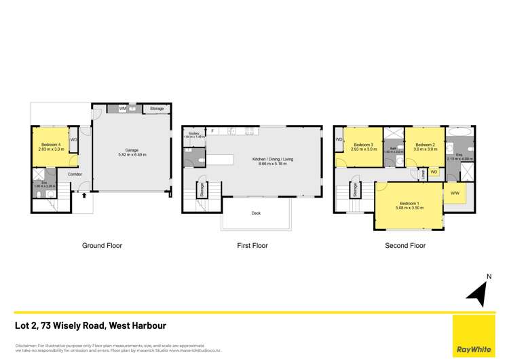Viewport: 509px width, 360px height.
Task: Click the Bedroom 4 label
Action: point(49,144)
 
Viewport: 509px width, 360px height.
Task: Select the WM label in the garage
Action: point(122,108)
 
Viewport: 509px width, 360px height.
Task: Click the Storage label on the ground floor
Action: point(157,108)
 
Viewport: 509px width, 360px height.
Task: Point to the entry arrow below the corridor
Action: point(83,196)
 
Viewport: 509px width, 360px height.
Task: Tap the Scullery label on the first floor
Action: point(193,133)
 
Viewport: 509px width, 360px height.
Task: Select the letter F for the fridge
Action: point(212,130)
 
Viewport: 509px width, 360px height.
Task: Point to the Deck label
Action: point(257,213)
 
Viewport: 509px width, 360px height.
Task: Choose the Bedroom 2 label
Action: point(425,144)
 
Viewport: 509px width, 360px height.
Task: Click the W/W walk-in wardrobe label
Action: point(454,194)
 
